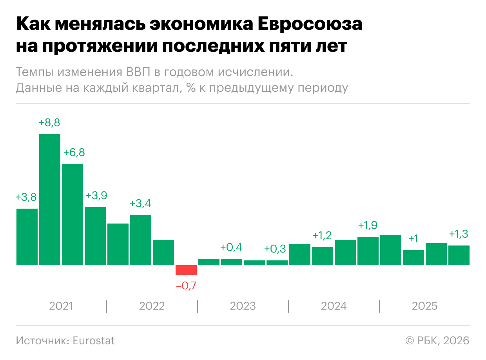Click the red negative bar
186,270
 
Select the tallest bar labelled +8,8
50,199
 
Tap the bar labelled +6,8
73,214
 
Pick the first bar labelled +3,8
27,236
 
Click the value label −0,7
186,286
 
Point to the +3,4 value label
140,204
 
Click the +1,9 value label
368,225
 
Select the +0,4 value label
231,247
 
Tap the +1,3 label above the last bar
459,234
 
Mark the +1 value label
413,239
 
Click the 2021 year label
61,306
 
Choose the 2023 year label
243,306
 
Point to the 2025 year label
424,306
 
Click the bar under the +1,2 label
323,256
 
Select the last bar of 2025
459,255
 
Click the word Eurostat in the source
94,341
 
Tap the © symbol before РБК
410,341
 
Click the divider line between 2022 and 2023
198,306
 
